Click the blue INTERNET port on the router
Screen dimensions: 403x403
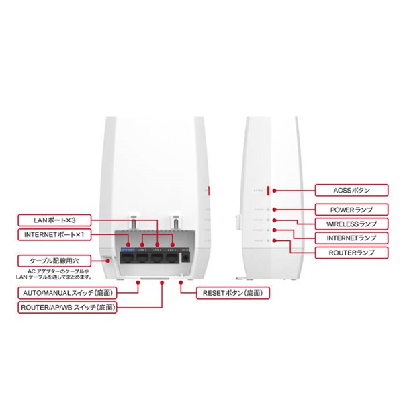pyautogui.click(x=128, y=256)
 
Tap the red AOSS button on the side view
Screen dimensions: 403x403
pyautogui.click(x=269, y=190)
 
